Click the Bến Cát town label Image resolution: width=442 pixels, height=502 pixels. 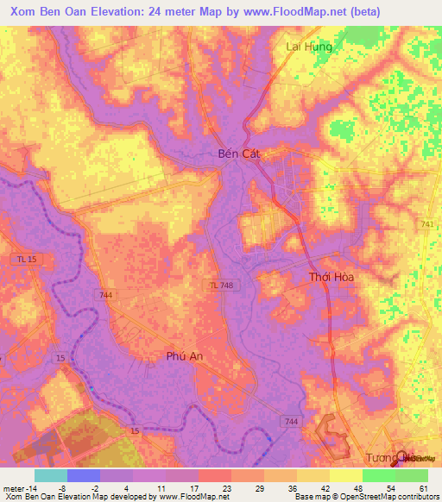click(x=237, y=155)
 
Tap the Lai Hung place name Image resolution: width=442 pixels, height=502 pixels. click(x=309, y=47)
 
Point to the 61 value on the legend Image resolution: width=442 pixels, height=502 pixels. click(x=424, y=487)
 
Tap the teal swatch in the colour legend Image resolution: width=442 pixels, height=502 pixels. click(x=50, y=475)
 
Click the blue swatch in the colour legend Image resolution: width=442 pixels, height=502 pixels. click(x=83, y=475)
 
